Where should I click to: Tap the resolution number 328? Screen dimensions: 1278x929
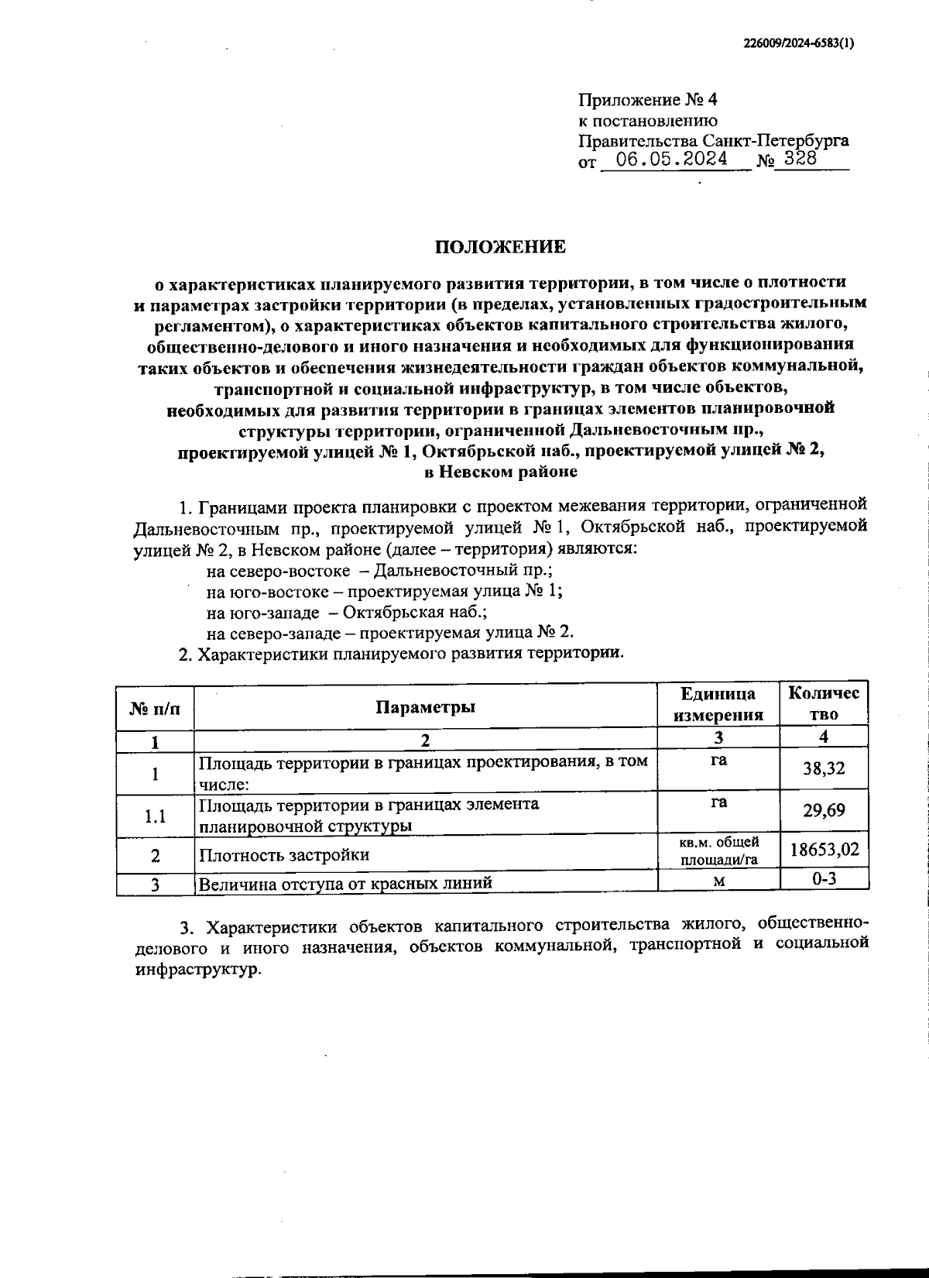(x=800, y=159)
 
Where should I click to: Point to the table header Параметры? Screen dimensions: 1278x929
(x=425, y=706)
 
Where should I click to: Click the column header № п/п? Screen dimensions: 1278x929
(x=155, y=706)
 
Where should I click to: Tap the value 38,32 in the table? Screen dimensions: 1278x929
(x=824, y=768)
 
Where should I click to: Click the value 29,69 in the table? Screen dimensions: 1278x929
(x=824, y=810)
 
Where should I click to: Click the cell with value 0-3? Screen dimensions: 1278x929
(x=824, y=878)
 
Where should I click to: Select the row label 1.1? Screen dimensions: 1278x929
(x=156, y=816)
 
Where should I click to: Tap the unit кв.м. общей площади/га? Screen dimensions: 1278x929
(x=718, y=850)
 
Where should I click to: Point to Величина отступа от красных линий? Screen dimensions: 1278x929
(x=345, y=884)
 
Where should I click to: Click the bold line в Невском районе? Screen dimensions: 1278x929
(x=501, y=470)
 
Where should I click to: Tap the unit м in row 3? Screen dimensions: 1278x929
(x=718, y=881)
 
